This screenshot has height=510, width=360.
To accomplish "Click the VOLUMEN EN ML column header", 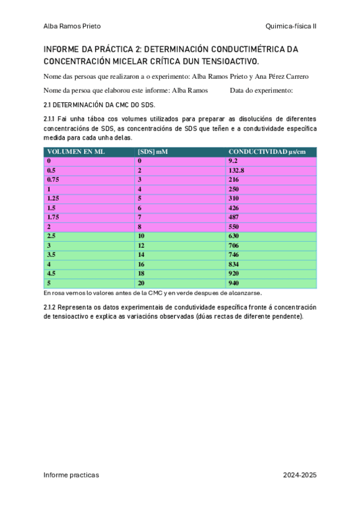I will click(x=76, y=152).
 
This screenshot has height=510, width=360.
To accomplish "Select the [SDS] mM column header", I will click(x=153, y=152).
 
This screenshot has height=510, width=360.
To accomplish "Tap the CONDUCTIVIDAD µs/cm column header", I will click(x=267, y=152).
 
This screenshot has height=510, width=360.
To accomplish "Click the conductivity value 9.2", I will click(x=234, y=161).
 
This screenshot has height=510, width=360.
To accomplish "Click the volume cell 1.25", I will click(x=53, y=198).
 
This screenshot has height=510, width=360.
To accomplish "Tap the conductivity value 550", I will click(x=234, y=226).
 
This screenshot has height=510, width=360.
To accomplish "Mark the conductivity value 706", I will click(x=234, y=245).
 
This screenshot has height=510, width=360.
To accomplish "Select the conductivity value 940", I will click(x=234, y=283).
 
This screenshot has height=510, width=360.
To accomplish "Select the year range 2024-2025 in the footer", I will click(x=299, y=475).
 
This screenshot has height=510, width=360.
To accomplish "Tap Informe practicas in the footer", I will click(x=71, y=475).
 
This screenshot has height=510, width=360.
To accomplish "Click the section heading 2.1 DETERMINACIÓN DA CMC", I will click(x=100, y=104).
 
